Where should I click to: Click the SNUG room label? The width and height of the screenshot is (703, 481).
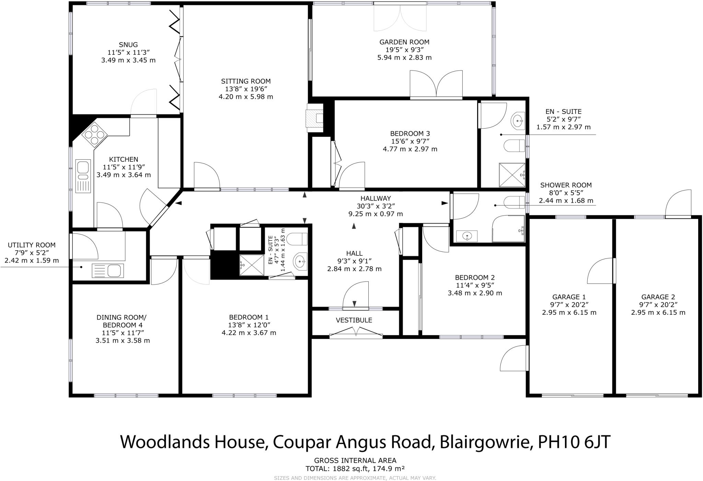click(128, 45)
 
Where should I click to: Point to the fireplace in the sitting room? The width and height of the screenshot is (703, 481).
click(315, 118)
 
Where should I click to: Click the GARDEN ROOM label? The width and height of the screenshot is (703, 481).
click(404, 42)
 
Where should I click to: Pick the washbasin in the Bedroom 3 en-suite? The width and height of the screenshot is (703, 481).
click(518, 120)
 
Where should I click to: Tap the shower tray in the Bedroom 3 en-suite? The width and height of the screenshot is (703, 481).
click(512, 175)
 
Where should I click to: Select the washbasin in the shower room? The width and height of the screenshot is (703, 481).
click(467, 236)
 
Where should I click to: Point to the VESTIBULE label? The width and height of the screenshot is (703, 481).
click(354, 320)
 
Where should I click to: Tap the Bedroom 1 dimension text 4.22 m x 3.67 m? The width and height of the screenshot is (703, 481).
click(249, 333)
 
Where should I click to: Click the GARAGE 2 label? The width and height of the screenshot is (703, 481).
click(658, 297)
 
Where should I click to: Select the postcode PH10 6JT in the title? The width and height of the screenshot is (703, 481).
click(574, 442)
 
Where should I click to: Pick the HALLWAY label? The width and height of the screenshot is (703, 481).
click(376, 198)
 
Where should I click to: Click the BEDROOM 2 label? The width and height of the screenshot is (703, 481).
click(475, 277)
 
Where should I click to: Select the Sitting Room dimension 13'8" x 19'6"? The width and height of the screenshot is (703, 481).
click(246, 89)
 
